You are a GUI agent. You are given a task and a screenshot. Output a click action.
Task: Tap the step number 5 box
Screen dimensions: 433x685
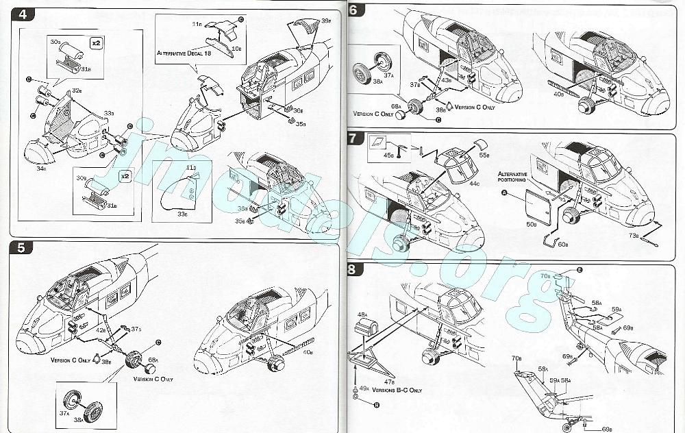point(21,247)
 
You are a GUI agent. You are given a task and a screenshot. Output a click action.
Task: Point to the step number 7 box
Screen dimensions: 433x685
point(353,138)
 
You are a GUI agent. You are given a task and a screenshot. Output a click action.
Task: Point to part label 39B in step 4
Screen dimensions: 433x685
point(326,21)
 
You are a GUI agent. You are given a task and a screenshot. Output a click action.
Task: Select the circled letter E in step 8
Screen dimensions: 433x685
point(579,271)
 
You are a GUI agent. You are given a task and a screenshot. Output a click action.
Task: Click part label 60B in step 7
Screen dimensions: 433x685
point(562,243)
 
